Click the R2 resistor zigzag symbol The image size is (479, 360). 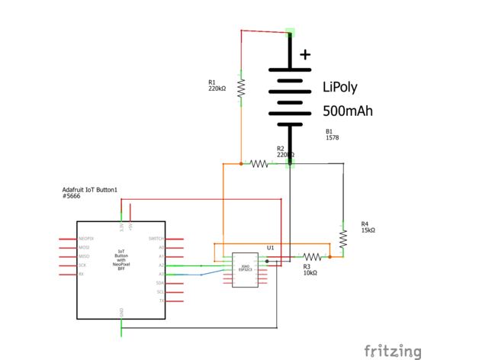click(259, 163)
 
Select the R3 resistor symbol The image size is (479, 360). click(312, 257)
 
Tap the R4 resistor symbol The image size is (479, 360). click(343, 239)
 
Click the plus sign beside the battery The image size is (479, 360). click(306, 54)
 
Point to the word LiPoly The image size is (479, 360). click(339, 87)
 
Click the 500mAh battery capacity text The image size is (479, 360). click(348, 111)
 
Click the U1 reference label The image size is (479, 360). click(270, 247)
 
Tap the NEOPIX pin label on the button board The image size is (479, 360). click(85, 239)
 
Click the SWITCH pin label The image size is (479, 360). click(156, 239)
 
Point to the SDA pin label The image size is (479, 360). click(160, 283)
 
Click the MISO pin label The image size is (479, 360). click(84, 256)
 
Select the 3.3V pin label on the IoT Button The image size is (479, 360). click(121, 227)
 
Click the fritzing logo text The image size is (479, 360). click(392, 351)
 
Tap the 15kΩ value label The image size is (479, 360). click(368, 230)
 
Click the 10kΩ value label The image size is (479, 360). click(310, 272)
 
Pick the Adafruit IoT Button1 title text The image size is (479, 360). click(90, 190)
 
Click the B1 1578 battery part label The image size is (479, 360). click(332, 135)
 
